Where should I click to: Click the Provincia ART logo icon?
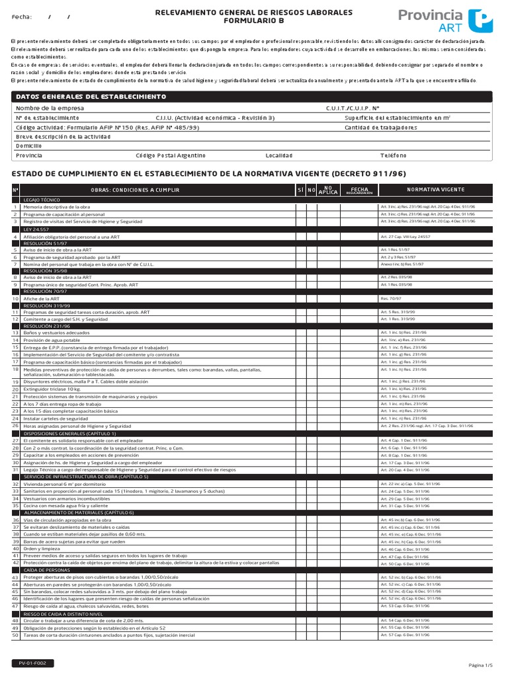[x=480, y=21]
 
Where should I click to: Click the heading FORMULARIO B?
[x=254, y=21]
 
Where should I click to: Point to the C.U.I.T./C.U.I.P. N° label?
[x=353, y=108]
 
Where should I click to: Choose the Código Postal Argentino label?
[x=170, y=155]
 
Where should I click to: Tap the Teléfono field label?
[x=394, y=155]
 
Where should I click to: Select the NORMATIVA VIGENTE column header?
[x=435, y=190]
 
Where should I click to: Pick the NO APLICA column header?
[x=328, y=190]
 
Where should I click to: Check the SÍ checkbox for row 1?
[x=300, y=207]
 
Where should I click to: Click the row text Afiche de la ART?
[x=42, y=298]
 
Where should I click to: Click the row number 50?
[x=15, y=635]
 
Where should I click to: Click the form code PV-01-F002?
[x=32, y=663]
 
